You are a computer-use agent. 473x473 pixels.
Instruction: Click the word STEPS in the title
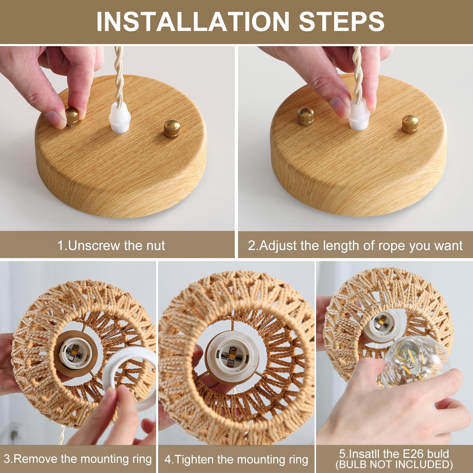(x=341, y=21)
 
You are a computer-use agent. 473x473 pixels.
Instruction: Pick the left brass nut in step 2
(x=306, y=116)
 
